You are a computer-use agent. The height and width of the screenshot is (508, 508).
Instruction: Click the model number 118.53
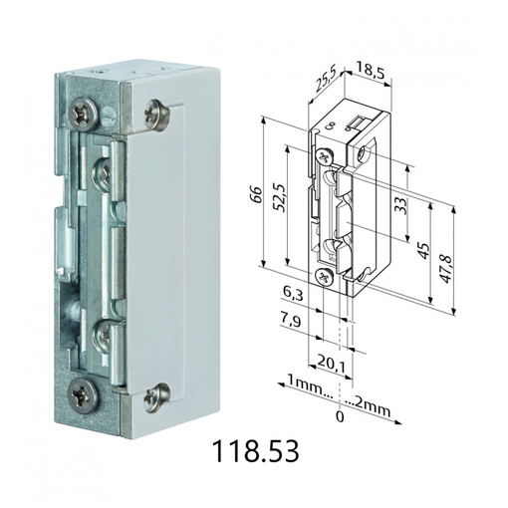(x=256, y=451)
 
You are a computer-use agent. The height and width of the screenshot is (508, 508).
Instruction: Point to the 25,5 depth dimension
(x=325, y=79)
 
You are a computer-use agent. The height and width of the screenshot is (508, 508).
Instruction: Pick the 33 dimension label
(x=400, y=206)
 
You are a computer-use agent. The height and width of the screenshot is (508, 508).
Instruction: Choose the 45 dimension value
(x=423, y=251)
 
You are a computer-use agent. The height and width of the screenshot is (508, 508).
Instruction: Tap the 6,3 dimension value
(x=293, y=294)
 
